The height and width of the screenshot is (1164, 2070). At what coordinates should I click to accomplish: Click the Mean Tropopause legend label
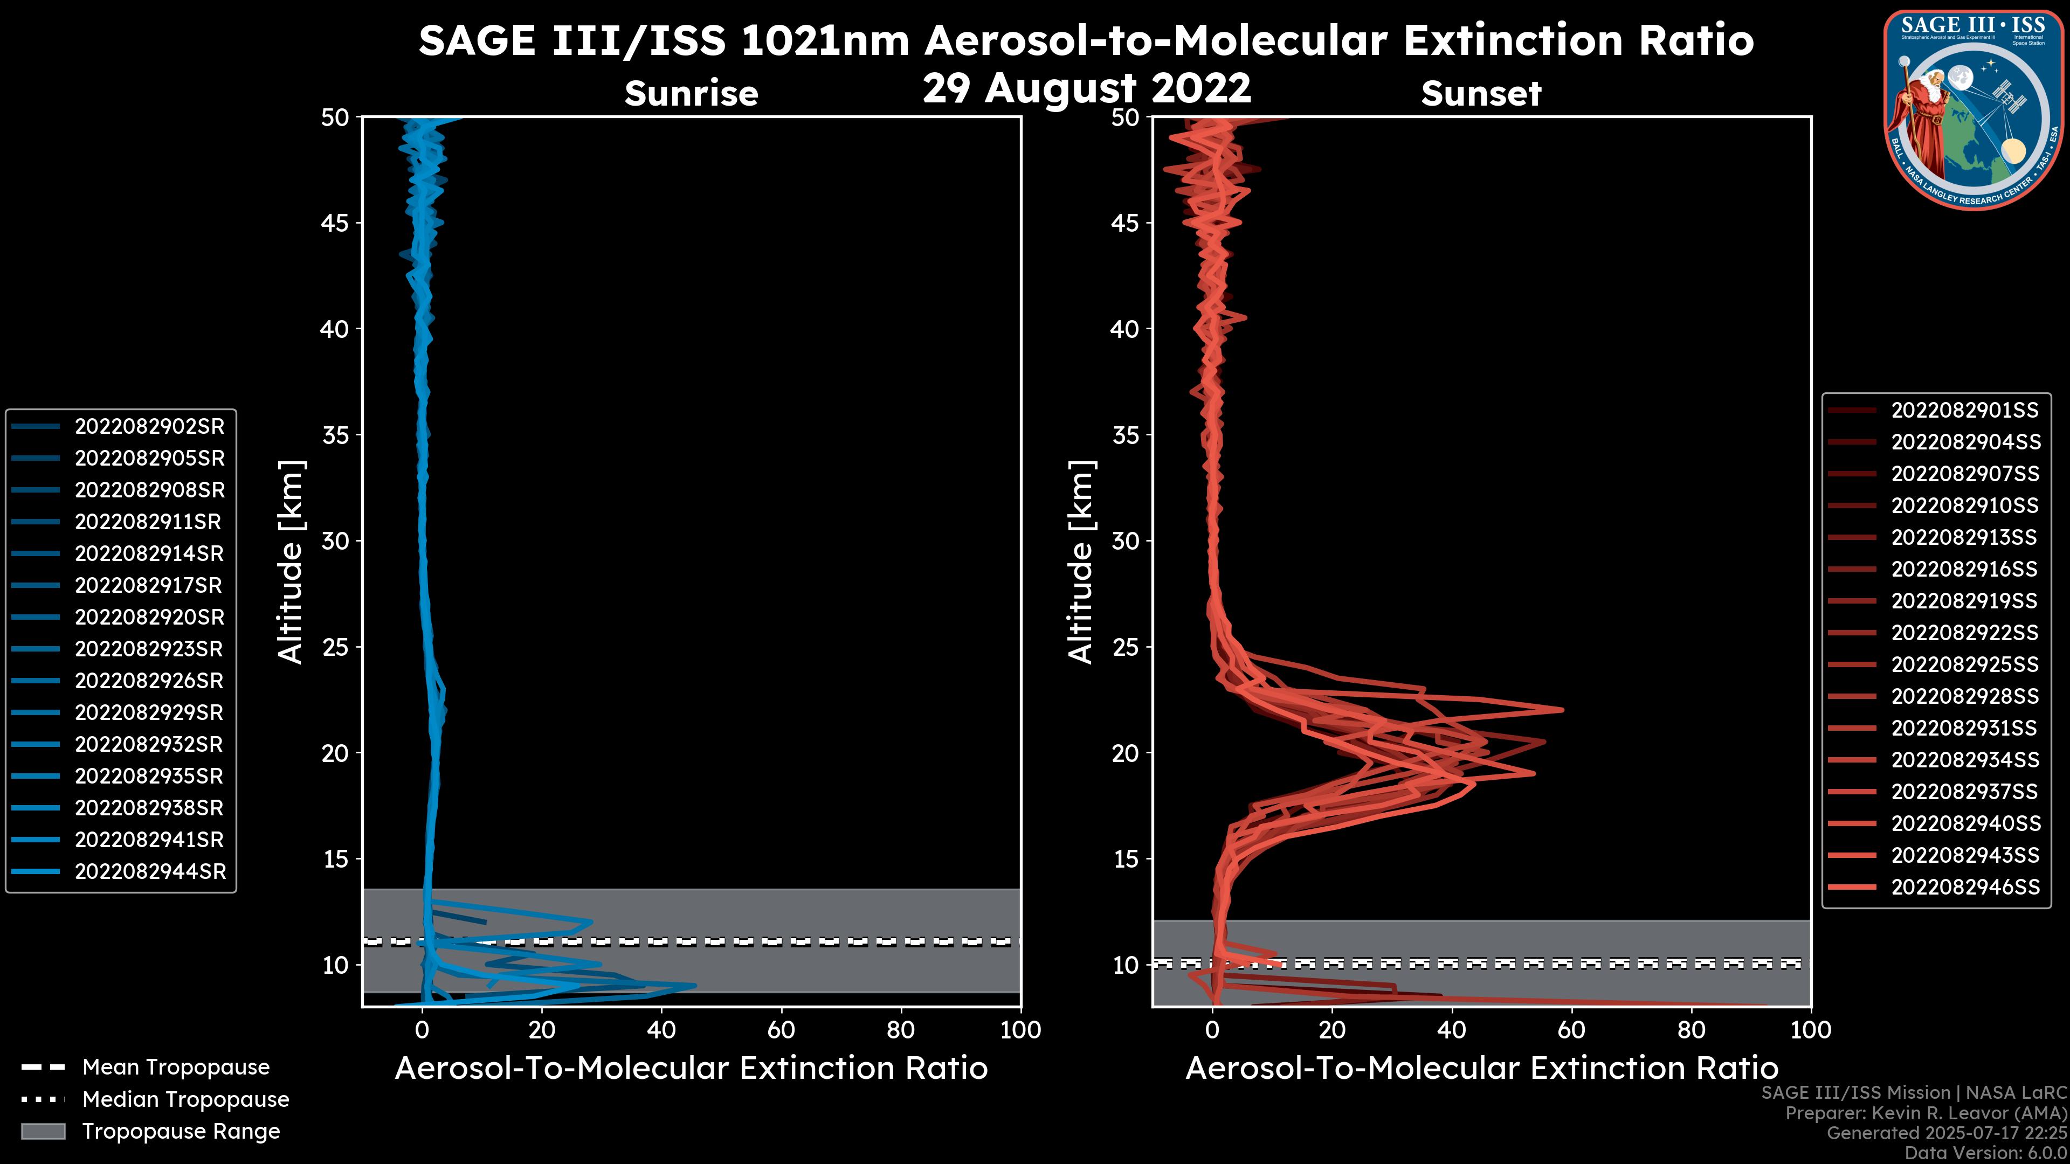pyautogui.click(x=176, y=1067)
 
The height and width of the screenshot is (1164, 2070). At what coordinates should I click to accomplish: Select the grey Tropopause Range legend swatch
pyautogui.click(x=43, y=1131)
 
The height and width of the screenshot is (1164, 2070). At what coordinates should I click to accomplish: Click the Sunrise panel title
pyautogui.click(x=691, y=93)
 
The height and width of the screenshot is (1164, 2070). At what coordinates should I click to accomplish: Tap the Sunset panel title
pyautogui.click(x=1480, y=93)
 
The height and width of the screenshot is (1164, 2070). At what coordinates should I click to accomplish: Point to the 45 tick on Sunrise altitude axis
pyautogui.click(x=335, y=223)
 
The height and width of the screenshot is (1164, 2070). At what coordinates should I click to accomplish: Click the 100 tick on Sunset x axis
pyautogui.click(x=1811, y=1030)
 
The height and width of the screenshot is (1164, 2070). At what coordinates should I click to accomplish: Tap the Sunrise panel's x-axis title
pyautogui.click(x=691, y=1069)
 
